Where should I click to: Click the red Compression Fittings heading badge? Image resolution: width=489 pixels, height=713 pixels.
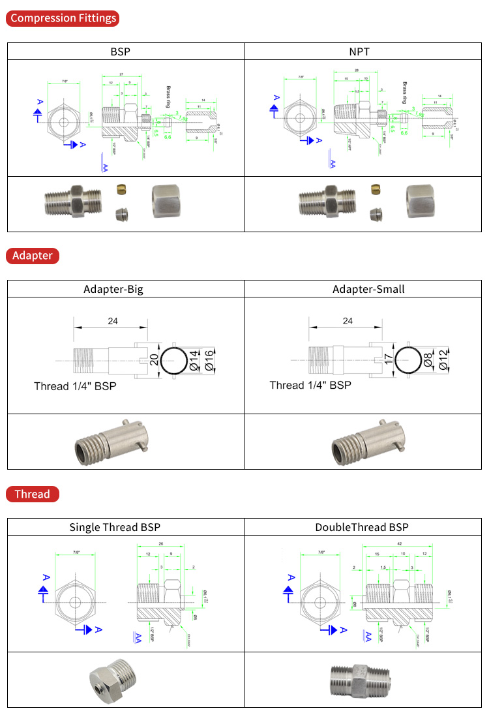pos(63,18)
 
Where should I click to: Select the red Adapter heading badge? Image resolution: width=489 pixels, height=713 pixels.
pos(33,255)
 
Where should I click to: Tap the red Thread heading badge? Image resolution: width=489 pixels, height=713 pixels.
pos(32,494)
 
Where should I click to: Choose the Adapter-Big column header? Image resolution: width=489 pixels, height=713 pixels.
pos(113,289)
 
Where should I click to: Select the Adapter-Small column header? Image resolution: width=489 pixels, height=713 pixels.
pos(368,289)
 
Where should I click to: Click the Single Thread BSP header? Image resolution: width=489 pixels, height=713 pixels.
pos(115,527)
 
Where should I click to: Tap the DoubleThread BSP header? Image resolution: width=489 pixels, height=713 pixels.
pos(362,527)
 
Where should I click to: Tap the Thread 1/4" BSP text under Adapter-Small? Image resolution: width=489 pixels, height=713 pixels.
pos(310,386)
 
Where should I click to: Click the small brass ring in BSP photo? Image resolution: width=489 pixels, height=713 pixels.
pos(121,189)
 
